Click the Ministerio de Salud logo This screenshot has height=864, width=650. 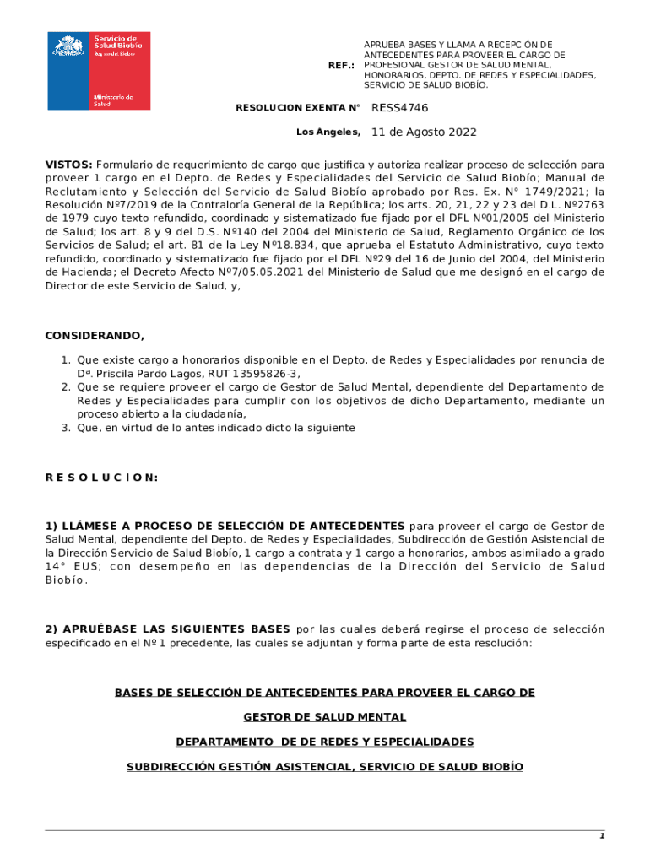99,70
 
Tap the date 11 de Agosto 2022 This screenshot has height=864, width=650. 424,132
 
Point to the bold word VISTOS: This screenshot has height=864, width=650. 69,164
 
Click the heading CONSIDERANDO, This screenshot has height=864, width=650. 95,336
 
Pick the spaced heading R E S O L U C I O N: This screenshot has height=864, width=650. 101,478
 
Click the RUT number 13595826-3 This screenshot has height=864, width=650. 265,374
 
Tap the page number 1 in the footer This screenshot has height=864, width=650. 602,836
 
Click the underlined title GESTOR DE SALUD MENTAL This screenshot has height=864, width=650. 325,717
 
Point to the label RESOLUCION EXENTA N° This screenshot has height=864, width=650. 298,108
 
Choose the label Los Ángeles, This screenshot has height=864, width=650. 328,132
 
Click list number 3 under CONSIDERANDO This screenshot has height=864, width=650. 65,428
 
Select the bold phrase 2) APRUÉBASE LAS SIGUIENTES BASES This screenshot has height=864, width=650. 169,629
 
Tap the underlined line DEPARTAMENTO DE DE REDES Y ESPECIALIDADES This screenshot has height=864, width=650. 325,742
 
